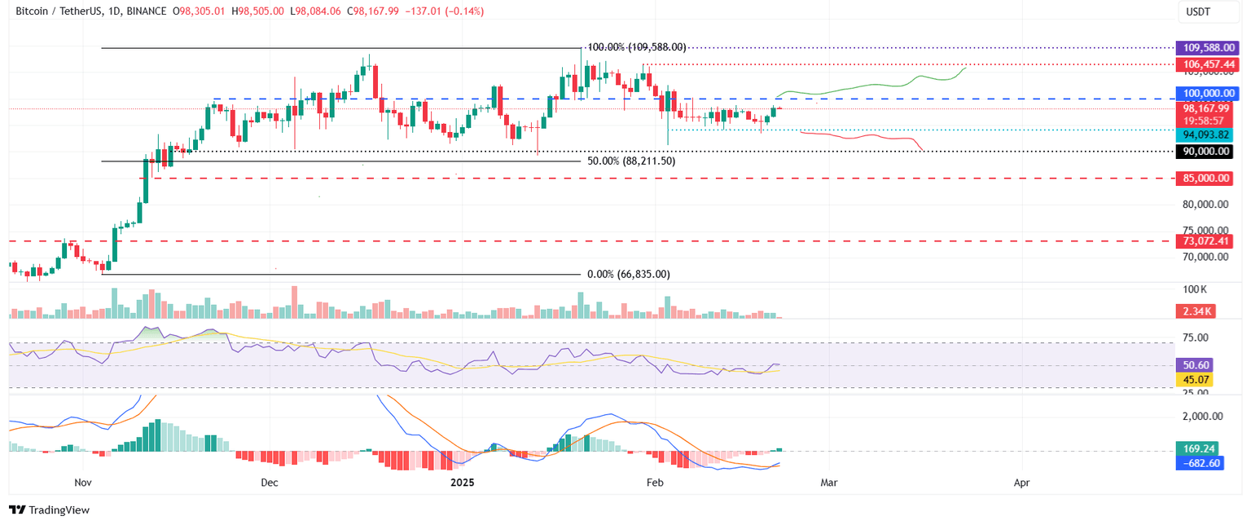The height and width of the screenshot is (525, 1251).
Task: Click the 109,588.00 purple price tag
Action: (x=1205, y=48)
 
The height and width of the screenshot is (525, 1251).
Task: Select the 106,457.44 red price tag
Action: (x=1205, y=64)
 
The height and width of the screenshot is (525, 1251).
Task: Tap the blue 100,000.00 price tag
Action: (x=1205, y=94)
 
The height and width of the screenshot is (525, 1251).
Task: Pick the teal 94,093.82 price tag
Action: (x=1205, y=135)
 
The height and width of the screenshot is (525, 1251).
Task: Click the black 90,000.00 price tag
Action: (x=1205, y=151)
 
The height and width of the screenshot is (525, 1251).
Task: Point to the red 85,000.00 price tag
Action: (x=1205, y=178)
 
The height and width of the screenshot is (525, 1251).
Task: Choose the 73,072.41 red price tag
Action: (x=1205, y=240)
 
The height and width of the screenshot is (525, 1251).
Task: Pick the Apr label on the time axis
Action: (x=1022, y=483)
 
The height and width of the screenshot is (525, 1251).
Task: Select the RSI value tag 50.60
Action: (x=1195, y=365)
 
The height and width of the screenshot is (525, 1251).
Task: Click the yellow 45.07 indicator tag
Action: (x=1195, y=379)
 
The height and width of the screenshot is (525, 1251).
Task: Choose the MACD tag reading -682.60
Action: (x=1201, y=463)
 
